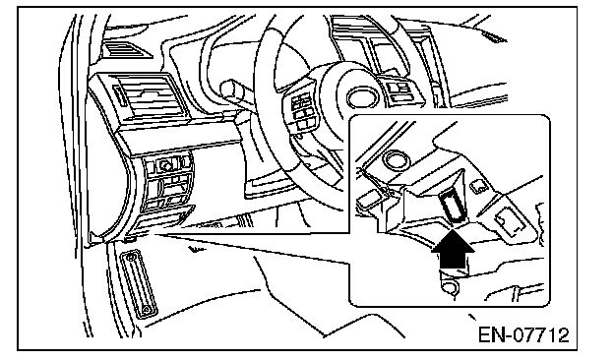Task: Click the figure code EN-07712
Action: pyautogui.click(x=523, y=335)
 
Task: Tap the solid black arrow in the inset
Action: pyautogui.click(x=453, y=248)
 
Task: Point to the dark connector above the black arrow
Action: pyautogui.click(x=453, y=204)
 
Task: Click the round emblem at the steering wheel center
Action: pyautogui.click(x=360, y=95)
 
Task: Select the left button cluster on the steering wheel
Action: pyautogui.click(x=304, y=108)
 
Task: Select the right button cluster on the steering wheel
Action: pyautogui.click(x=399, y=89)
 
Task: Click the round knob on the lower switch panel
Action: pyautogui.click(x=164, y=166)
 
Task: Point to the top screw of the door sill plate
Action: pyautogui.click(x=130, y=257)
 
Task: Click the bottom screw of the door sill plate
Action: pyautogui.click(x=146, y=310)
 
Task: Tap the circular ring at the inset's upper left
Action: pyautogui.click(x=395, y=159)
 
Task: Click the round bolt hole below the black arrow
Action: pyautogui.click(x=451, y=287)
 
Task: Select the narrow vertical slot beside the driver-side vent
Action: pyautogui.click(x=119, y=96)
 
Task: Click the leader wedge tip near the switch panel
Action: pyautogui.click(x=155, y=234)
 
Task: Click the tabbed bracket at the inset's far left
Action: pyautogui.click(x=368, y=198)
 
